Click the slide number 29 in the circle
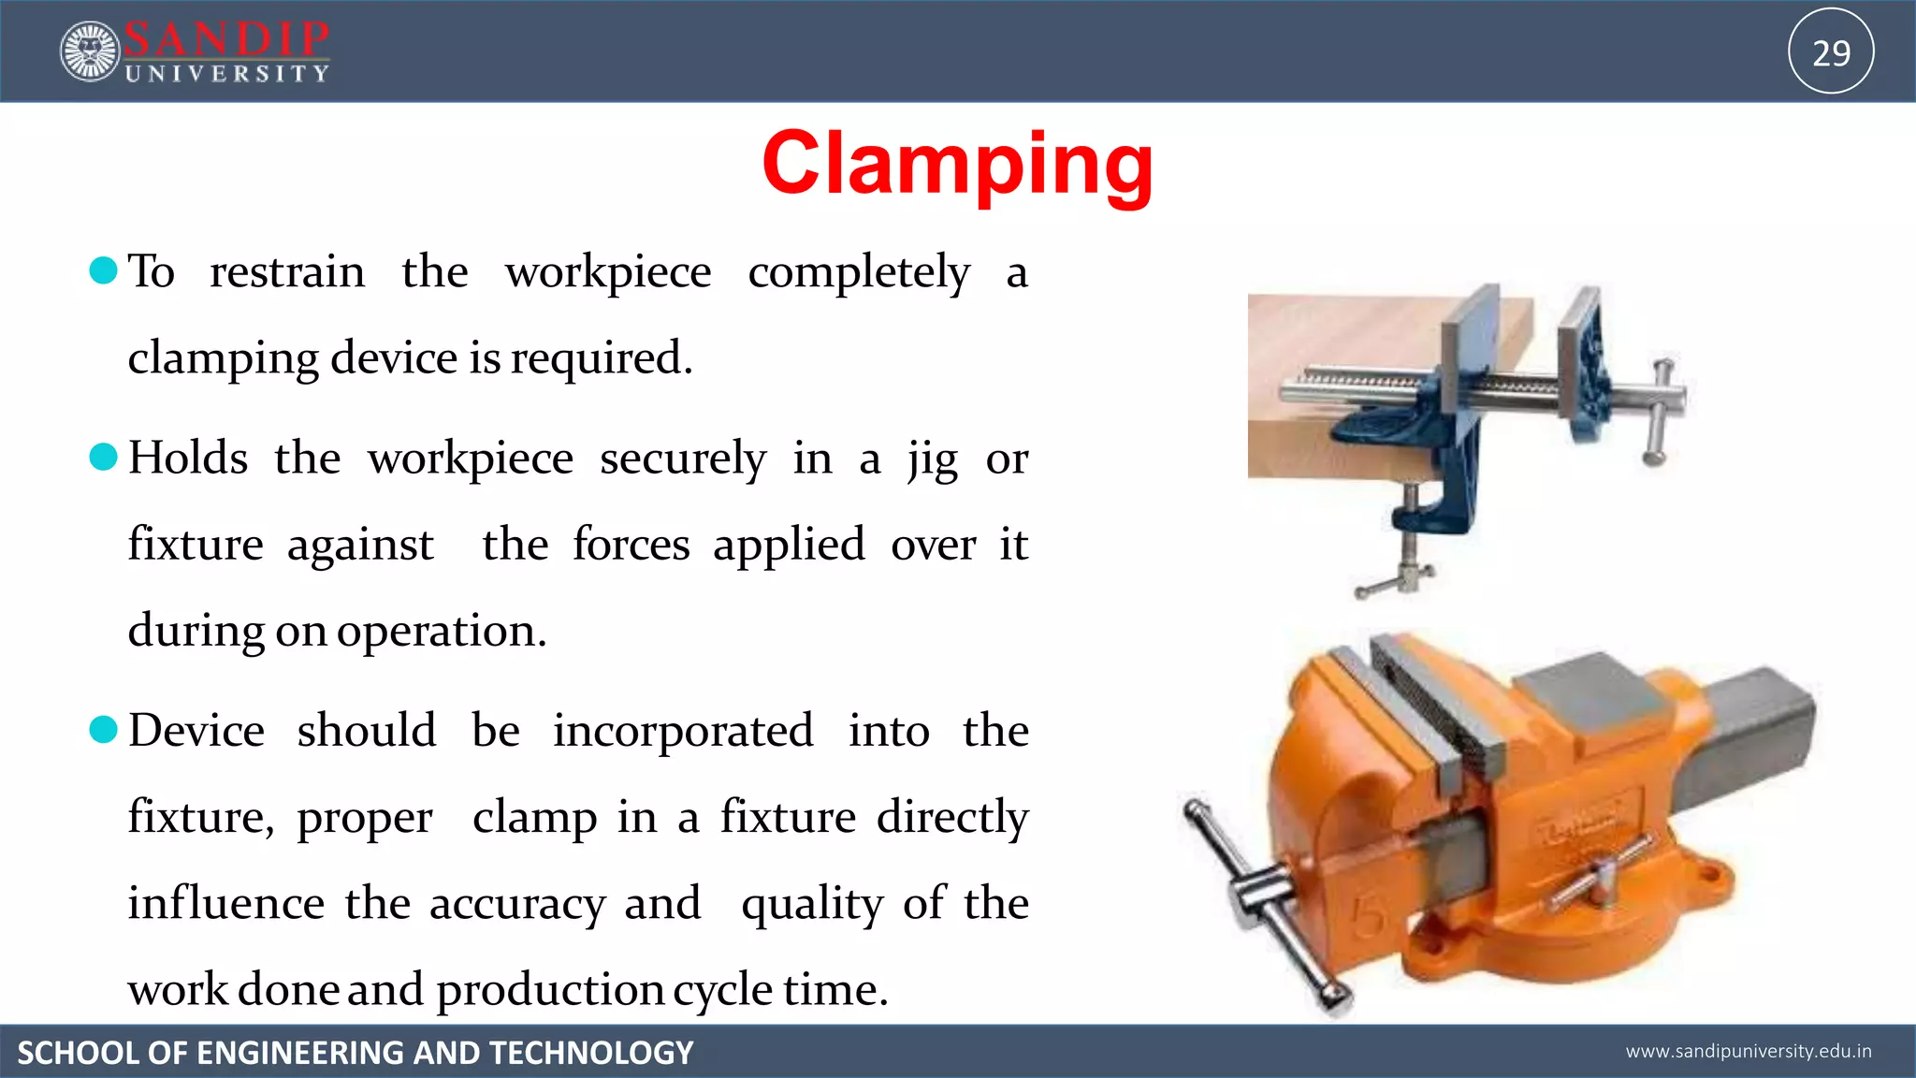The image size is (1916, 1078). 1831,52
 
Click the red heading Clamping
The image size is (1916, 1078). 957,165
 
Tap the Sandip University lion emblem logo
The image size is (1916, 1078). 90,51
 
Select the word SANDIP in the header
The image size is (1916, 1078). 226,39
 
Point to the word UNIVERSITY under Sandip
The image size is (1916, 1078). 227,74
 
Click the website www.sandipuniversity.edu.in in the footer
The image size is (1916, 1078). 1749,1052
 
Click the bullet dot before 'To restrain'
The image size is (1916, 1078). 103,270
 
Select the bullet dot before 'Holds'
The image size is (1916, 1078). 103,458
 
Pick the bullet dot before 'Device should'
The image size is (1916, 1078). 103,730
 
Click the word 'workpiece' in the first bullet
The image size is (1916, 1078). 608,273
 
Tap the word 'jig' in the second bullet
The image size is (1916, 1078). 932,460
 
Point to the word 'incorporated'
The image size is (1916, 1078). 683,732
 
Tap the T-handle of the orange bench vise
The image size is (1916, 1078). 1263,898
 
